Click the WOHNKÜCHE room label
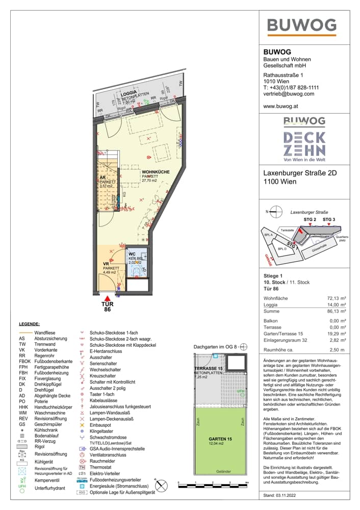click(x=156, y=172)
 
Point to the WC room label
click(x=132, y=253)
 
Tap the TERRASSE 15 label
click(x=209, y=368)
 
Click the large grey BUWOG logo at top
click(x=302, y=25)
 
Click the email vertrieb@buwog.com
click(x=289, y=94)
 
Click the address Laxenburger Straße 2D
click(x=300, y=173)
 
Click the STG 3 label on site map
click(x=329, y=219)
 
